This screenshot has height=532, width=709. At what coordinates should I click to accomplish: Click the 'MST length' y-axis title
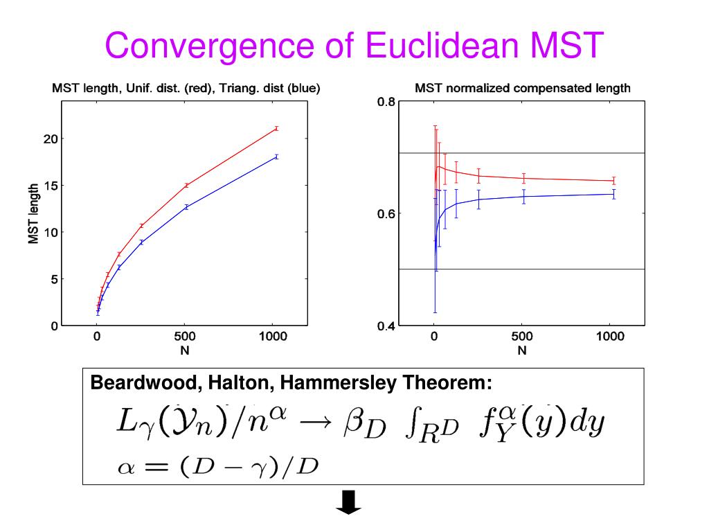point(33,214)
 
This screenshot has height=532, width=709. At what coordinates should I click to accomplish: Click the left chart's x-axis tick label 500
point(185,337)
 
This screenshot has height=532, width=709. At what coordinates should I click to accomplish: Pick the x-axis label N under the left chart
point(185,351)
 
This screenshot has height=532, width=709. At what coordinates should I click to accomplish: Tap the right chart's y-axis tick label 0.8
point(386,103)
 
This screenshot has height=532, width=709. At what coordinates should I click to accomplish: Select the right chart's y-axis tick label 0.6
point(386,214)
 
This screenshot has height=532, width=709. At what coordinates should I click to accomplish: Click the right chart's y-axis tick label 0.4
point(386,326)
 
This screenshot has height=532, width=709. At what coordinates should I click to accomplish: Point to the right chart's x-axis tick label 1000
point(610,337)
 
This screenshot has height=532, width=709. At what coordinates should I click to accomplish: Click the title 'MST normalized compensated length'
point(523,89)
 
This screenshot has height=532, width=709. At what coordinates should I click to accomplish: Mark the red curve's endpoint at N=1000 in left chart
point(276,128)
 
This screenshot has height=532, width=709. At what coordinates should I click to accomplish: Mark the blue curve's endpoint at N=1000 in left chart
point(276,157)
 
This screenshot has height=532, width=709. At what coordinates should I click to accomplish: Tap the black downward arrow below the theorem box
point(348,504)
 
